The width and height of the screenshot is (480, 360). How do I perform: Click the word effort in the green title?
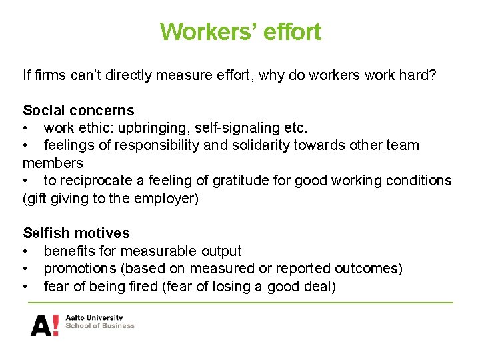click(291, 31)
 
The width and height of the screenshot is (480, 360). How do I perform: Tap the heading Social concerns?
click(78, 111)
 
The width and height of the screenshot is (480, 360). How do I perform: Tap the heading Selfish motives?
click(76, 233)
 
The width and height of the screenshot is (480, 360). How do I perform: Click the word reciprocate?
click(91, 181)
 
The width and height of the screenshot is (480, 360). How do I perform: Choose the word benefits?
click(68, 251)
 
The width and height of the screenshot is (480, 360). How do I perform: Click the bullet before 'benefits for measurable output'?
click(25, 251)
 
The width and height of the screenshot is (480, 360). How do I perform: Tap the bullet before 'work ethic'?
click(25, 128)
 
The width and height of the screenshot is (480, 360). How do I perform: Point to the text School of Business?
click(99, 326)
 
